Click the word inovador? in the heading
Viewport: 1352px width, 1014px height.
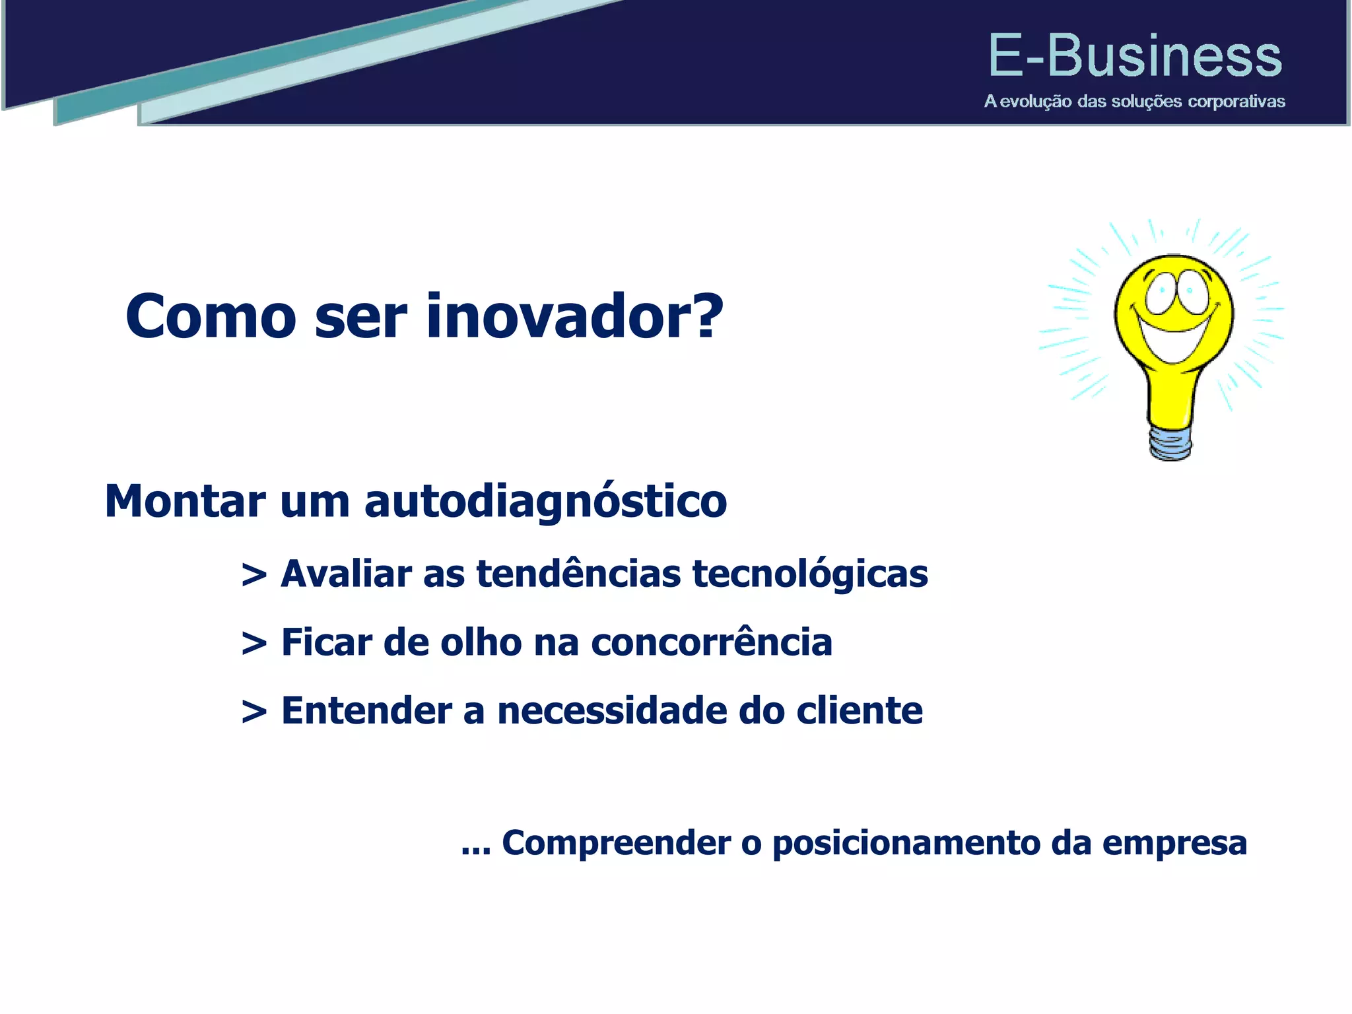tap(574, 317)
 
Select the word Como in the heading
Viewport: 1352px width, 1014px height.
tap(211, 317)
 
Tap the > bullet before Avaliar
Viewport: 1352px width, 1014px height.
tap(254, 574)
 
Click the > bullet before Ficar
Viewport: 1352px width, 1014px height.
tap(254, 644)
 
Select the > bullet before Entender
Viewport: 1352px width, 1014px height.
tap(254, 712)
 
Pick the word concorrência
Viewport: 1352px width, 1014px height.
tap(711, 642)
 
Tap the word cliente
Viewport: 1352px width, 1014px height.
tap(859, 711)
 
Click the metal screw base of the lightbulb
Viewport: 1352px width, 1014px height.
tap(1170, 442)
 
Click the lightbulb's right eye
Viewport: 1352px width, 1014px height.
tap(1194, 290)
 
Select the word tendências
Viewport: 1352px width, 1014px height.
tap(578, 573)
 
